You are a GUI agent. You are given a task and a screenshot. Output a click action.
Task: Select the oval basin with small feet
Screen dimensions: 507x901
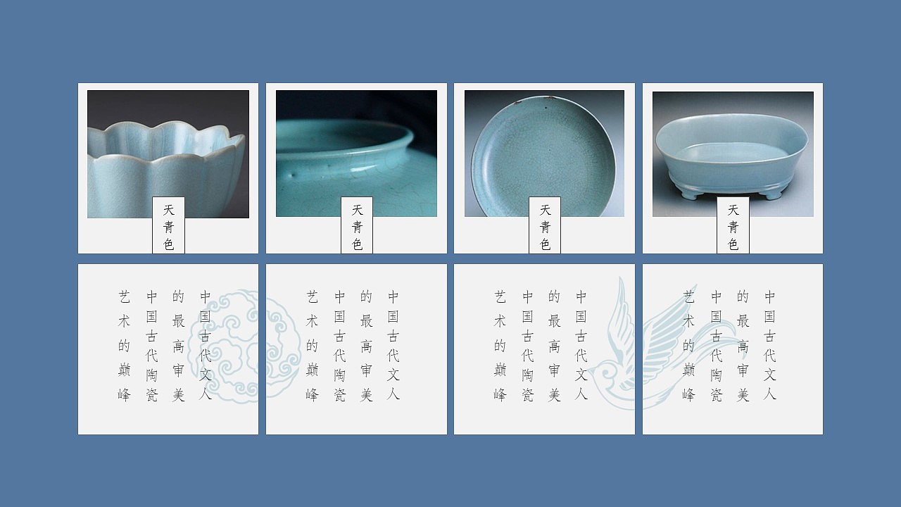[732, 155]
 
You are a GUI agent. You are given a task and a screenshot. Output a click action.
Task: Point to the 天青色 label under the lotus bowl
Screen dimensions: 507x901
[168, 226]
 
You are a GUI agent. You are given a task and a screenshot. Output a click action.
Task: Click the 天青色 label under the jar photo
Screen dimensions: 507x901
[357, 226]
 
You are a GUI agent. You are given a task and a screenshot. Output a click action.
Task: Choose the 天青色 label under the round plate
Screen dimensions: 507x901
[545, 226]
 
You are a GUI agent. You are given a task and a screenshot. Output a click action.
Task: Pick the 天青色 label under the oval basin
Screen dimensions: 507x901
[733, 226]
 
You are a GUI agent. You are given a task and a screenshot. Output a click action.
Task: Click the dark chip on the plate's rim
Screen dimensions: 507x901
[517, 103]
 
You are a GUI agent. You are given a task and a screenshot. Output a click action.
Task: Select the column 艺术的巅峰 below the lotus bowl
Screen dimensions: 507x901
[125, 346]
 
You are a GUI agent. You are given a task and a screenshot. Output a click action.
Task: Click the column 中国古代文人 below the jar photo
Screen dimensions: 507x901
[393, 346]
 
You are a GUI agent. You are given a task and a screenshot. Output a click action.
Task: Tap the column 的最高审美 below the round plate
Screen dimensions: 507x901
[554, 346]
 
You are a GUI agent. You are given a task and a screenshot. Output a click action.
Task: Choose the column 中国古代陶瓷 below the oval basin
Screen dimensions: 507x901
[716, 346]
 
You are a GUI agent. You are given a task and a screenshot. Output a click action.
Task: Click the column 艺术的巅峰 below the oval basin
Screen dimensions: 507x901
[688, 346]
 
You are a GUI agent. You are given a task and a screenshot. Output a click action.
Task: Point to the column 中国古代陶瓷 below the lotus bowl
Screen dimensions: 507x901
[151, 346]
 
